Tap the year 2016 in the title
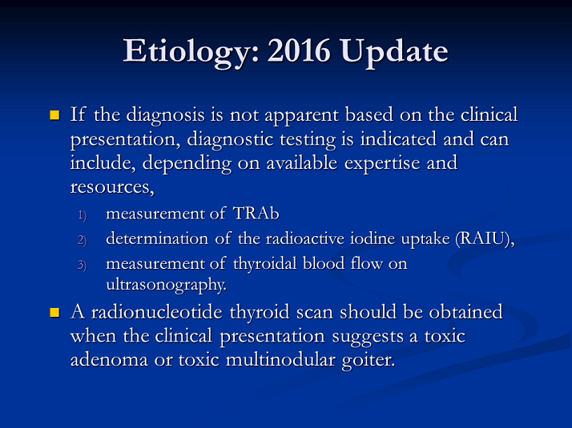299,50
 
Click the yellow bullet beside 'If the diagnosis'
54,115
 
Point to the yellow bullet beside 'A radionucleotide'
54,313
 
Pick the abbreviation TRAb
256,214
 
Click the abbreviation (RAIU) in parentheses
485,239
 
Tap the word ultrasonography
167,285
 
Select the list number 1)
83,215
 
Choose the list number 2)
83,241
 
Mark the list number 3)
83,265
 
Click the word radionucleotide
156,312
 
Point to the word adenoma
109,360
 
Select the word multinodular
280,360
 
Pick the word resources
112,187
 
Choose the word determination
157,238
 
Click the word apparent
301,116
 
